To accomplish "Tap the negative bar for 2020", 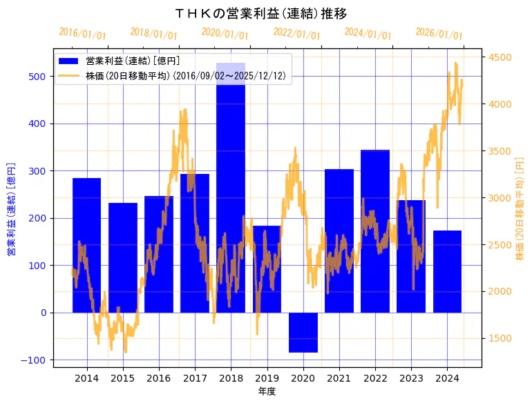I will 303,333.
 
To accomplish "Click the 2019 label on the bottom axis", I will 267,378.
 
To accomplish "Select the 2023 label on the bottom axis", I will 411,378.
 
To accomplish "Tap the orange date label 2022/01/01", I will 296,35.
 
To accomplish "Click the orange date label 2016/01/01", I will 82,33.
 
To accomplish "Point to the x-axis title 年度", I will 267,391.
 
